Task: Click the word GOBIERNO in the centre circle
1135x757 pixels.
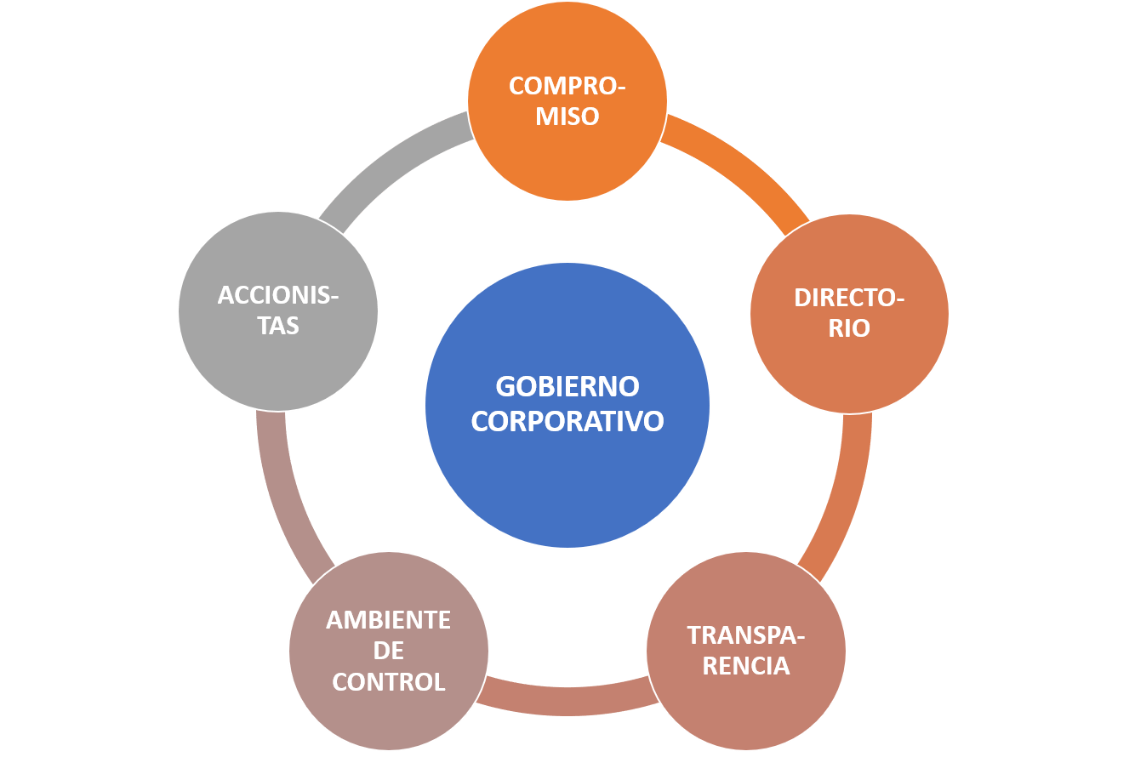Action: (x=567, y=387)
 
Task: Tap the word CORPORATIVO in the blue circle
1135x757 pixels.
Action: (x=567, y=421)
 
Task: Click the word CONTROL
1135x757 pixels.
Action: (x=389, y=682)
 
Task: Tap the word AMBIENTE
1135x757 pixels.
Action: (x=389, y=621)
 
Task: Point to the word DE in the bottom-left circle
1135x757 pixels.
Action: (x=389, y=652)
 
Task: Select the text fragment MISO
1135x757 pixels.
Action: (x=567, y=117)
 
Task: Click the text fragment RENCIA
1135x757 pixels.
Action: (x=746, y=666)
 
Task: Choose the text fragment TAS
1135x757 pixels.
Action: (x=278, y=326)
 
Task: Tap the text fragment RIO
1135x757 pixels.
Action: (x=849, y=328)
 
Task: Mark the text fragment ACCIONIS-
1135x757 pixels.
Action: (x=278, y=295)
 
